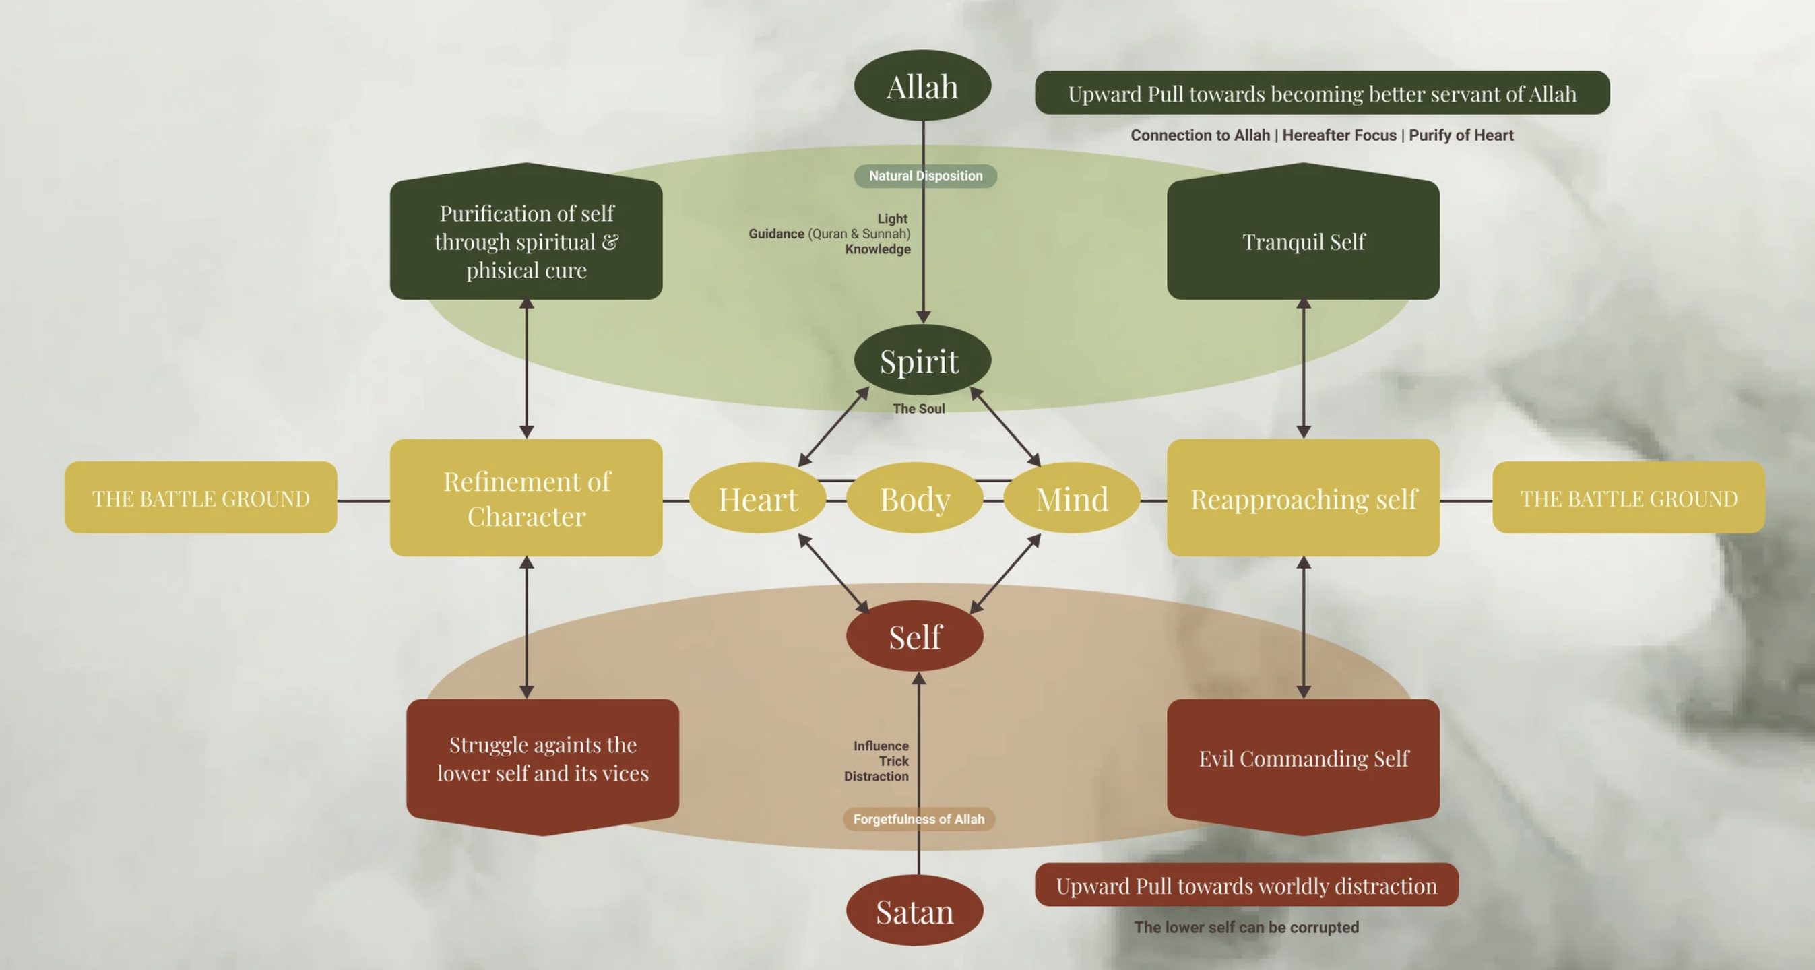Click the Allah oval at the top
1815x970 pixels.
[x=922, y=86]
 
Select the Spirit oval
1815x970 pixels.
[x=922, y=360]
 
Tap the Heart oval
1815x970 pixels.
[x=757, y=498]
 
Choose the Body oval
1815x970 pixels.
[x=914, y=498]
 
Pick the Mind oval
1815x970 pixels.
[x=1072, y=498]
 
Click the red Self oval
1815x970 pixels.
[x=914, y=636]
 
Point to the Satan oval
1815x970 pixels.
[x=914, y=911]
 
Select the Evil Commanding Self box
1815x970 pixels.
[x=1303, y=759]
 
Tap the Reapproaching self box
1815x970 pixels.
[x=1303, y=498]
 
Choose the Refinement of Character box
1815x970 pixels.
[x=526, y=498]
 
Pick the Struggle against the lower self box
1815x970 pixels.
[x=542, y=759]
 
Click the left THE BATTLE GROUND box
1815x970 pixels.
[x=201, y=498]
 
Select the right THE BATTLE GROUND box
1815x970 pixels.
[x=1628, y=498]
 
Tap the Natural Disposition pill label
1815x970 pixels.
[x=925, y=175]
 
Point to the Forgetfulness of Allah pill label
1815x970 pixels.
[x=919, y=818]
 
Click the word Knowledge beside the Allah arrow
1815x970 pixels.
[x=877, y=249]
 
